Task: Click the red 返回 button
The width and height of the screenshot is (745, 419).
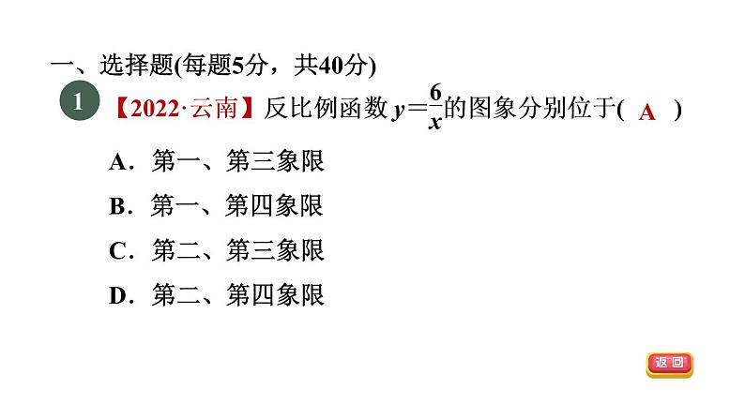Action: (669, 364)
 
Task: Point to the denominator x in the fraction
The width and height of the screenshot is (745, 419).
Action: (435, 123)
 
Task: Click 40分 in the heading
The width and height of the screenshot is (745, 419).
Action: (342, 66)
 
